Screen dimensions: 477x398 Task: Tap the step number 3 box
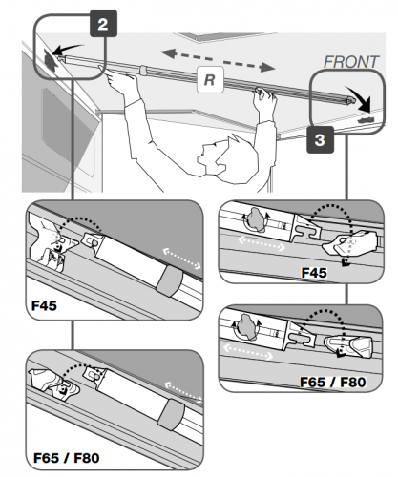(x=322, y=141)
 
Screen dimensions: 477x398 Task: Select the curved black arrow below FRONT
(x=359, y=100)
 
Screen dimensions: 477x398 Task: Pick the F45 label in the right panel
(x=315, y=273)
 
